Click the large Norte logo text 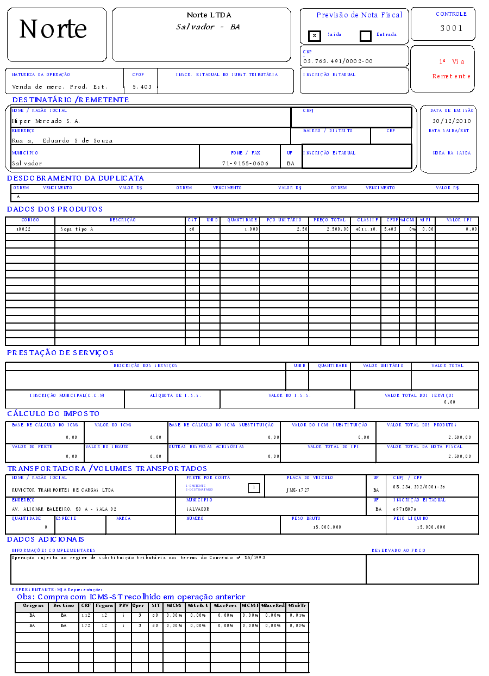click(53, 29)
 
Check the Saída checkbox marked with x click(314, 36)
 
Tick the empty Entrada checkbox click(366, 36)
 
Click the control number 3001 click(451, 28)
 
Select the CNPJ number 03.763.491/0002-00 click(338, 61)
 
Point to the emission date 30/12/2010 click(452, 121)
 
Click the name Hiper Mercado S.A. click(46, 121)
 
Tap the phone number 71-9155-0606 click(245, 163)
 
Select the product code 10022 click(23, 230)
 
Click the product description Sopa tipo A click(77, 230)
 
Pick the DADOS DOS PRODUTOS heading click(55, 209)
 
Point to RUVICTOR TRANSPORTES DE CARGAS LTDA click(62, 490)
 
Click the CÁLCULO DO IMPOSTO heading click(53, 414)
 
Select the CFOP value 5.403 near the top click(142, 86)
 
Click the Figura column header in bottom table click(104, 605)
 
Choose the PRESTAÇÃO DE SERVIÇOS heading click(60, 353)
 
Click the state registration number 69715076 click(404, 509)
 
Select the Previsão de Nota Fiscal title click(359, 15)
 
